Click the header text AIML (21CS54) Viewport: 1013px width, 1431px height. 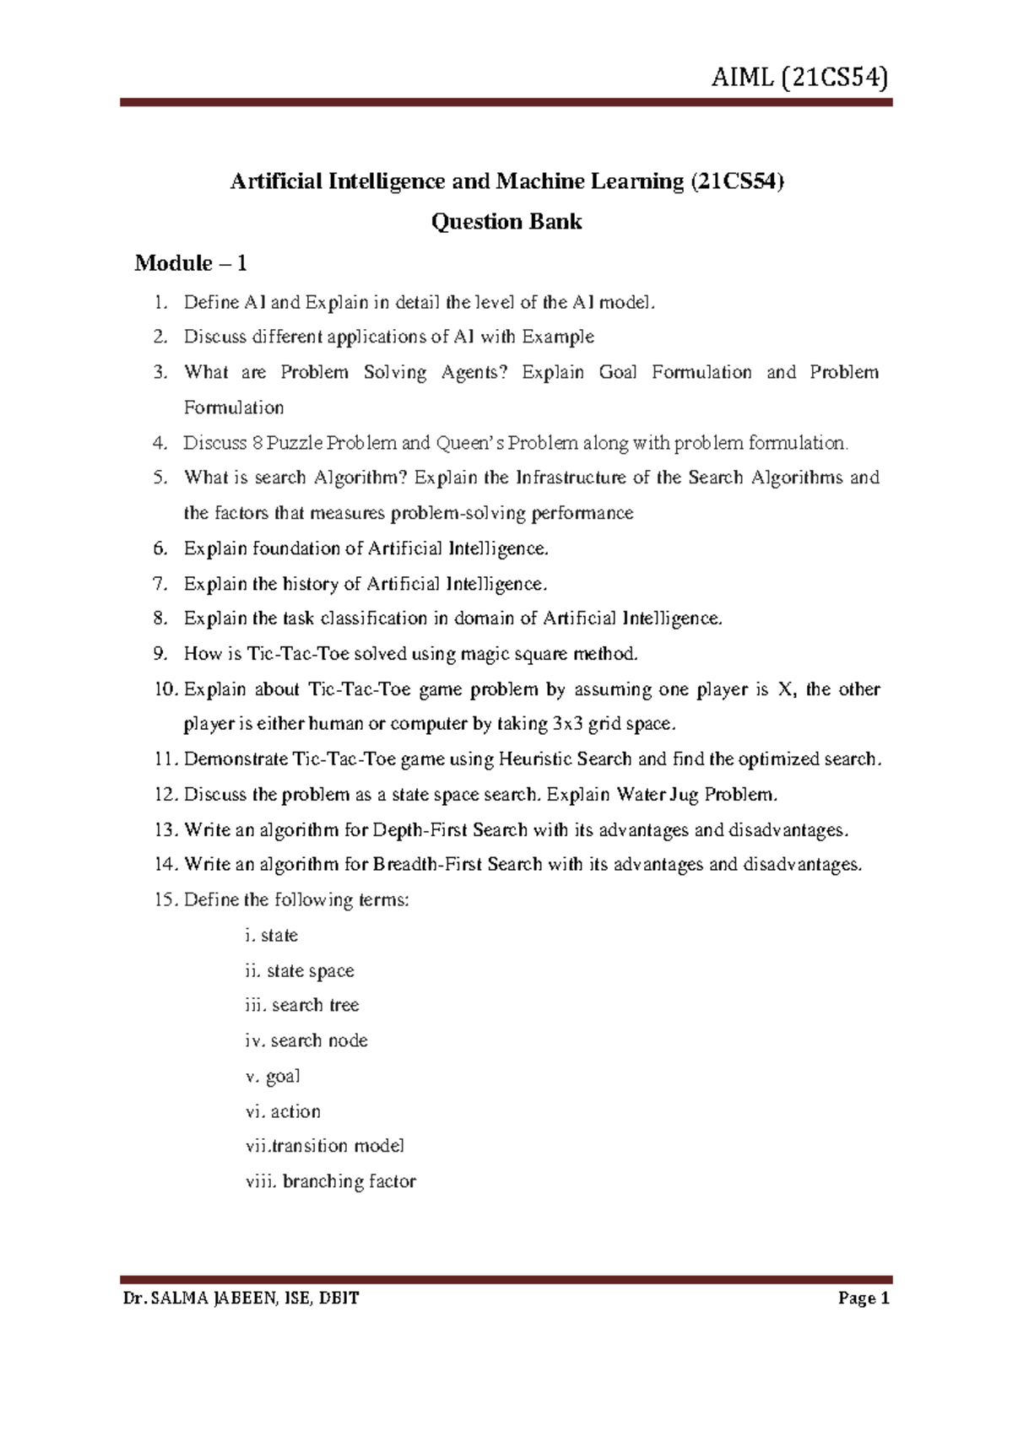pyautogui.click(x=799, y=78)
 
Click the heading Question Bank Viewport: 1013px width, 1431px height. pyautogui.click(x=506, y=222)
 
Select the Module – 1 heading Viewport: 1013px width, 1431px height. pyautogui.click(x=191, y=263)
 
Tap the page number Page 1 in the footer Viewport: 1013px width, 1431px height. pyautogui.click(x=864, y=1298)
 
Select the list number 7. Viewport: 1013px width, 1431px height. pyautogui.click(x=160, y=584)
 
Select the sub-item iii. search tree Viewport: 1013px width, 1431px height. pyautogui.click(x=301, y=1006)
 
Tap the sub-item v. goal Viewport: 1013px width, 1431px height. pyautogui.click(x=273, y=1077)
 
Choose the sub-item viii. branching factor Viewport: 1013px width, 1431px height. pyautogui.click(x=330, y=1182)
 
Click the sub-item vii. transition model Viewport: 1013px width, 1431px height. pyautogui.click(x=325, y=1147)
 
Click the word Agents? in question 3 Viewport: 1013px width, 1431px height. pyautogui.click(x=474, y=373)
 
